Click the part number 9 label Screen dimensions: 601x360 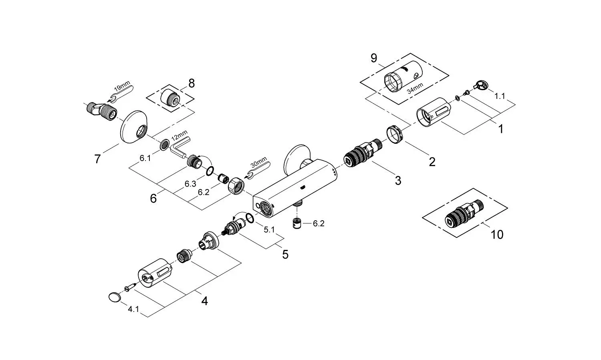(374, 58)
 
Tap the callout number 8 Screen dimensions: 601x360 (192, 83)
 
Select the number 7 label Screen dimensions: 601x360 (97, 159)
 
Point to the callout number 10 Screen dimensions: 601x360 (497, 235)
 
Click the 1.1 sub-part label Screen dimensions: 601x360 (500, 96)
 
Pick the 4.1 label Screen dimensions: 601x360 (133, 309)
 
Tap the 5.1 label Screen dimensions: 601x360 (269, 229)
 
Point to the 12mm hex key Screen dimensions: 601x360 (179, 146)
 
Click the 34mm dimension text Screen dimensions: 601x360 (415, 88)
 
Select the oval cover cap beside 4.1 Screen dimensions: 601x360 (115, 297)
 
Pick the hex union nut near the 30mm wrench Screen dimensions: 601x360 (236, 185)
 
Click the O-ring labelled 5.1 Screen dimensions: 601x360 (250, 218)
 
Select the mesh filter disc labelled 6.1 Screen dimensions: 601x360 (164, 145)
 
